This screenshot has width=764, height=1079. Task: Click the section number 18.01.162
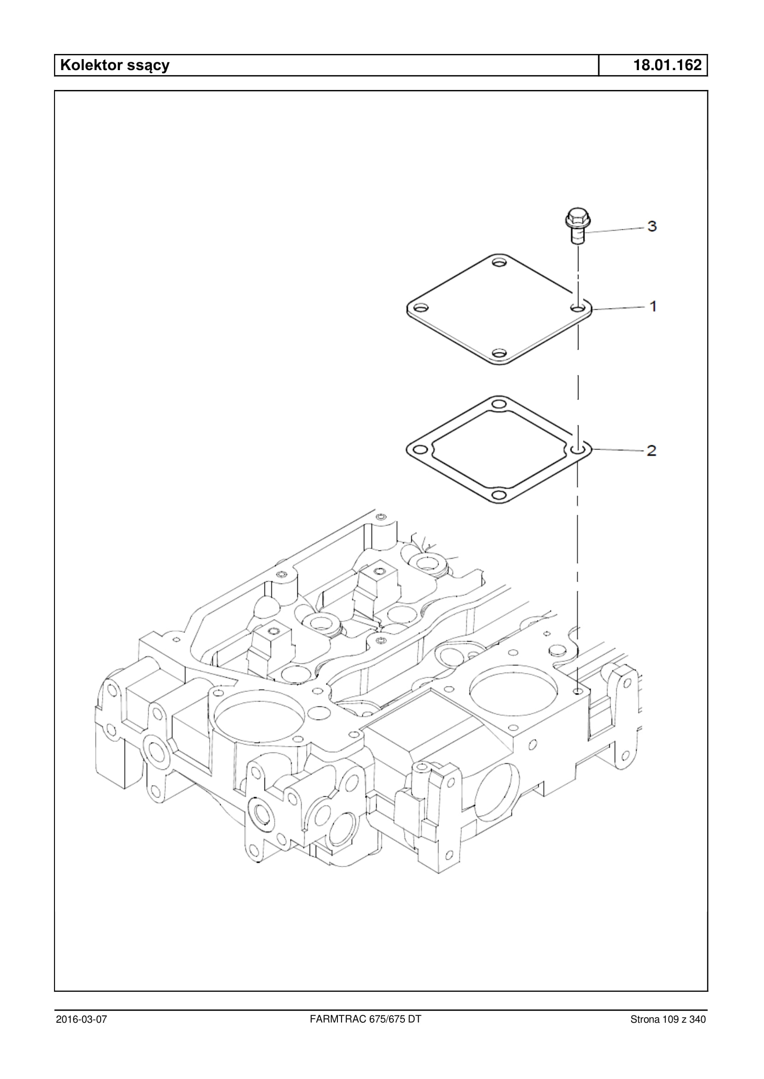(x=668, y=65)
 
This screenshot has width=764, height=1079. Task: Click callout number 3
(x=652, y=227)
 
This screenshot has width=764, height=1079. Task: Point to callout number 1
(x=653, y=307)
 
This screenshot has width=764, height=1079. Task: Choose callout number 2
(x=651, y=450)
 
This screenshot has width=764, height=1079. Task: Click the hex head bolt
(x=577, y=226)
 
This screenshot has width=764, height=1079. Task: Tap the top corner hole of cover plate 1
(x=499, y=262)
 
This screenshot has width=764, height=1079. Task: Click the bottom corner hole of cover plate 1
(x=499, y=352)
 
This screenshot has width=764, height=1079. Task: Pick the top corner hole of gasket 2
(x=499, y=404)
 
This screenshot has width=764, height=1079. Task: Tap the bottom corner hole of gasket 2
(x=499, y=495)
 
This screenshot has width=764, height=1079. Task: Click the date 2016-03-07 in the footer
(x=81, y=1019)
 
